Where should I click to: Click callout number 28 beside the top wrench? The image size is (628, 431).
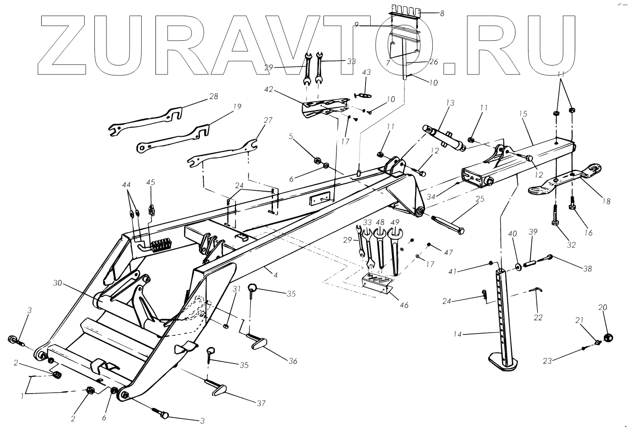(x=213, y=97)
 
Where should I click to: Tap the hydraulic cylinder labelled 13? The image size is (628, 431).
(x=445, y=137)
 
